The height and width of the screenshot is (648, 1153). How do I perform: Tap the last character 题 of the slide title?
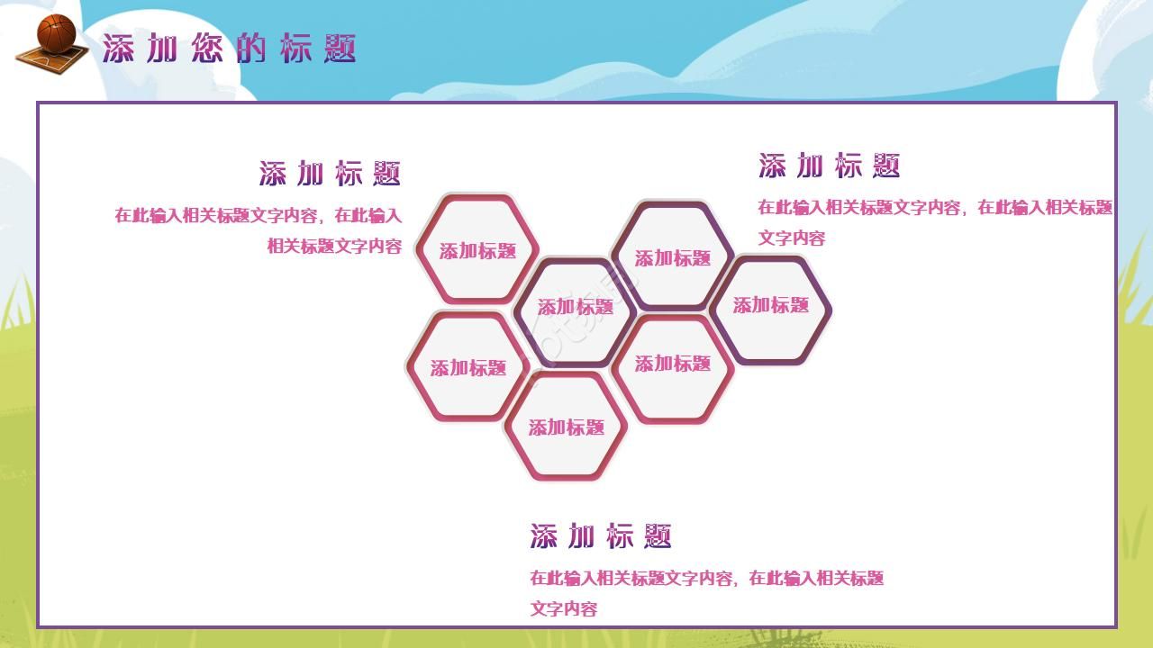[x=340, y=49]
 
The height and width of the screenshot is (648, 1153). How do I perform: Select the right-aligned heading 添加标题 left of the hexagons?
[x=330, y=174]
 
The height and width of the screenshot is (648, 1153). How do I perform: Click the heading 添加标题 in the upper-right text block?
[x=829, y=166]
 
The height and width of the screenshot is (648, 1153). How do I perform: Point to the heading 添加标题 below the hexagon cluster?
[x=601, y=536]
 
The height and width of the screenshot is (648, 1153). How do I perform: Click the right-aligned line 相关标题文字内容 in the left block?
[x=334, y=246]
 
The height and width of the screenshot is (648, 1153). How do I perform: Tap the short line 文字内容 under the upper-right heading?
[x=792, y=238]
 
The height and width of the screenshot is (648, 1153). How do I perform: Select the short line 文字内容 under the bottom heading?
[x=564, y=609]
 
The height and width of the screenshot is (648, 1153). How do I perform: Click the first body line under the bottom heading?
[x=707, y=579]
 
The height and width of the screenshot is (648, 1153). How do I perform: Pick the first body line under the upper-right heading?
[x=935, y=208]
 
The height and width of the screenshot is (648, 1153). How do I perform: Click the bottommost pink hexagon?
[x=566, y=427]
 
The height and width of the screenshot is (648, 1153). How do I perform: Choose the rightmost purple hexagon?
[x=770, y=306]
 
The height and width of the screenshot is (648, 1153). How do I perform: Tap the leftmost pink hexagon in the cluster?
[x=468, y=367]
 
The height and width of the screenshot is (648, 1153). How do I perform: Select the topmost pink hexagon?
[x=477, y=250]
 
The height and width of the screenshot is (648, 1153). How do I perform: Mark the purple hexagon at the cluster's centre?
[x=575, y=308]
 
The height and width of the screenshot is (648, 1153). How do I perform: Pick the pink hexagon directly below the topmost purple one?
[x=673, y=364]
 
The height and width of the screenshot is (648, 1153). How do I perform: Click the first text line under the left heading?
[x=258, y=216]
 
